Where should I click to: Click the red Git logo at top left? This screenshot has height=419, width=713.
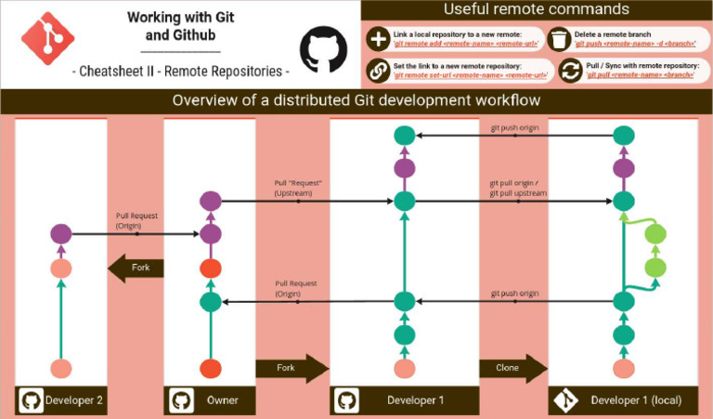click(47, 43)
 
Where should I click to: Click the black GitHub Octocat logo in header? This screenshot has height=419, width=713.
click(320, 48)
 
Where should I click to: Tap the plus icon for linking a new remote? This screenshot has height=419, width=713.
click(378, 39)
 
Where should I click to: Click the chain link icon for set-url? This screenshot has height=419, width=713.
click(378, 70)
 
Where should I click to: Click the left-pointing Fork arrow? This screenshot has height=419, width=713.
click(136, 268)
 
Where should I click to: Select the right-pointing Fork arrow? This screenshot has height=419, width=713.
click(292, 368)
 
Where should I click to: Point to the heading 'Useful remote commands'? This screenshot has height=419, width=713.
click(536, 10)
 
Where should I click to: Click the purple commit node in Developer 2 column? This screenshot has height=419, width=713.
click(61, 235)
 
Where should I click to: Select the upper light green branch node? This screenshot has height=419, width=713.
click(655, 234)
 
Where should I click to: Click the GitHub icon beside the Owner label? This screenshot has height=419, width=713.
click(180, 400)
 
